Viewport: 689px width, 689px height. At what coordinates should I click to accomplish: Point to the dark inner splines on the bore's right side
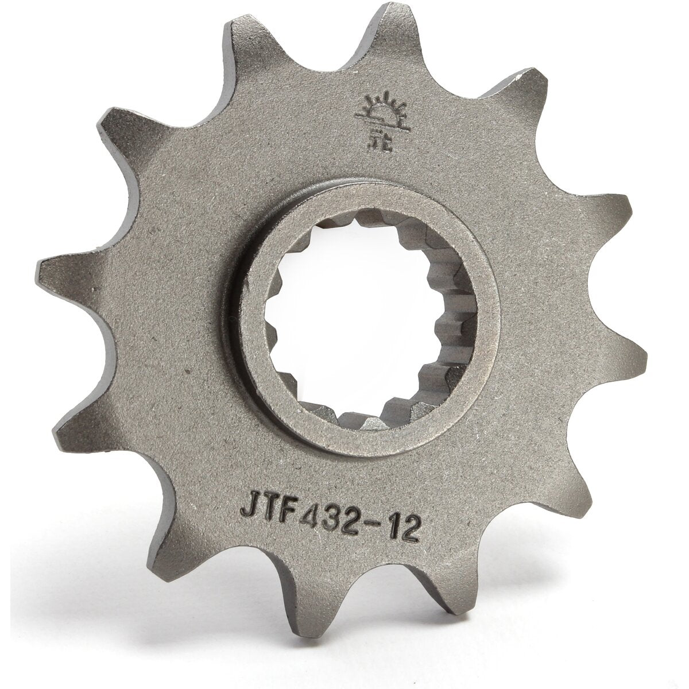pos(445,322)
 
